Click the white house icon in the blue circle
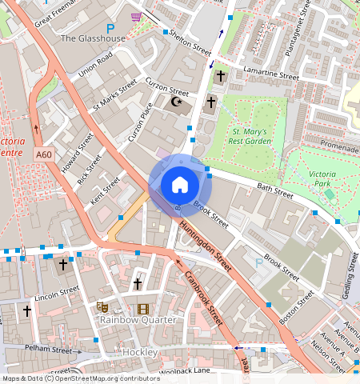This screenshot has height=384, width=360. (180, 185)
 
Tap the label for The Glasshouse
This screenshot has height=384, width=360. (93, 38)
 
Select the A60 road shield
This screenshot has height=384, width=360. (45, 154)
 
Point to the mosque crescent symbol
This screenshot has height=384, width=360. (178, 102)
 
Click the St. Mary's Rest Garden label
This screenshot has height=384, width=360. (252, 136)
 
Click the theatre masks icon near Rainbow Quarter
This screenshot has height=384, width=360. (102, 307)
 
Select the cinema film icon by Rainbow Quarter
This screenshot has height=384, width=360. (142, 309)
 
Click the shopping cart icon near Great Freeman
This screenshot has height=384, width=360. (136, 16)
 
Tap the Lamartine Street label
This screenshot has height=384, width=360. (270, 74)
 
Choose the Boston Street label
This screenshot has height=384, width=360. (295, 308)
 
